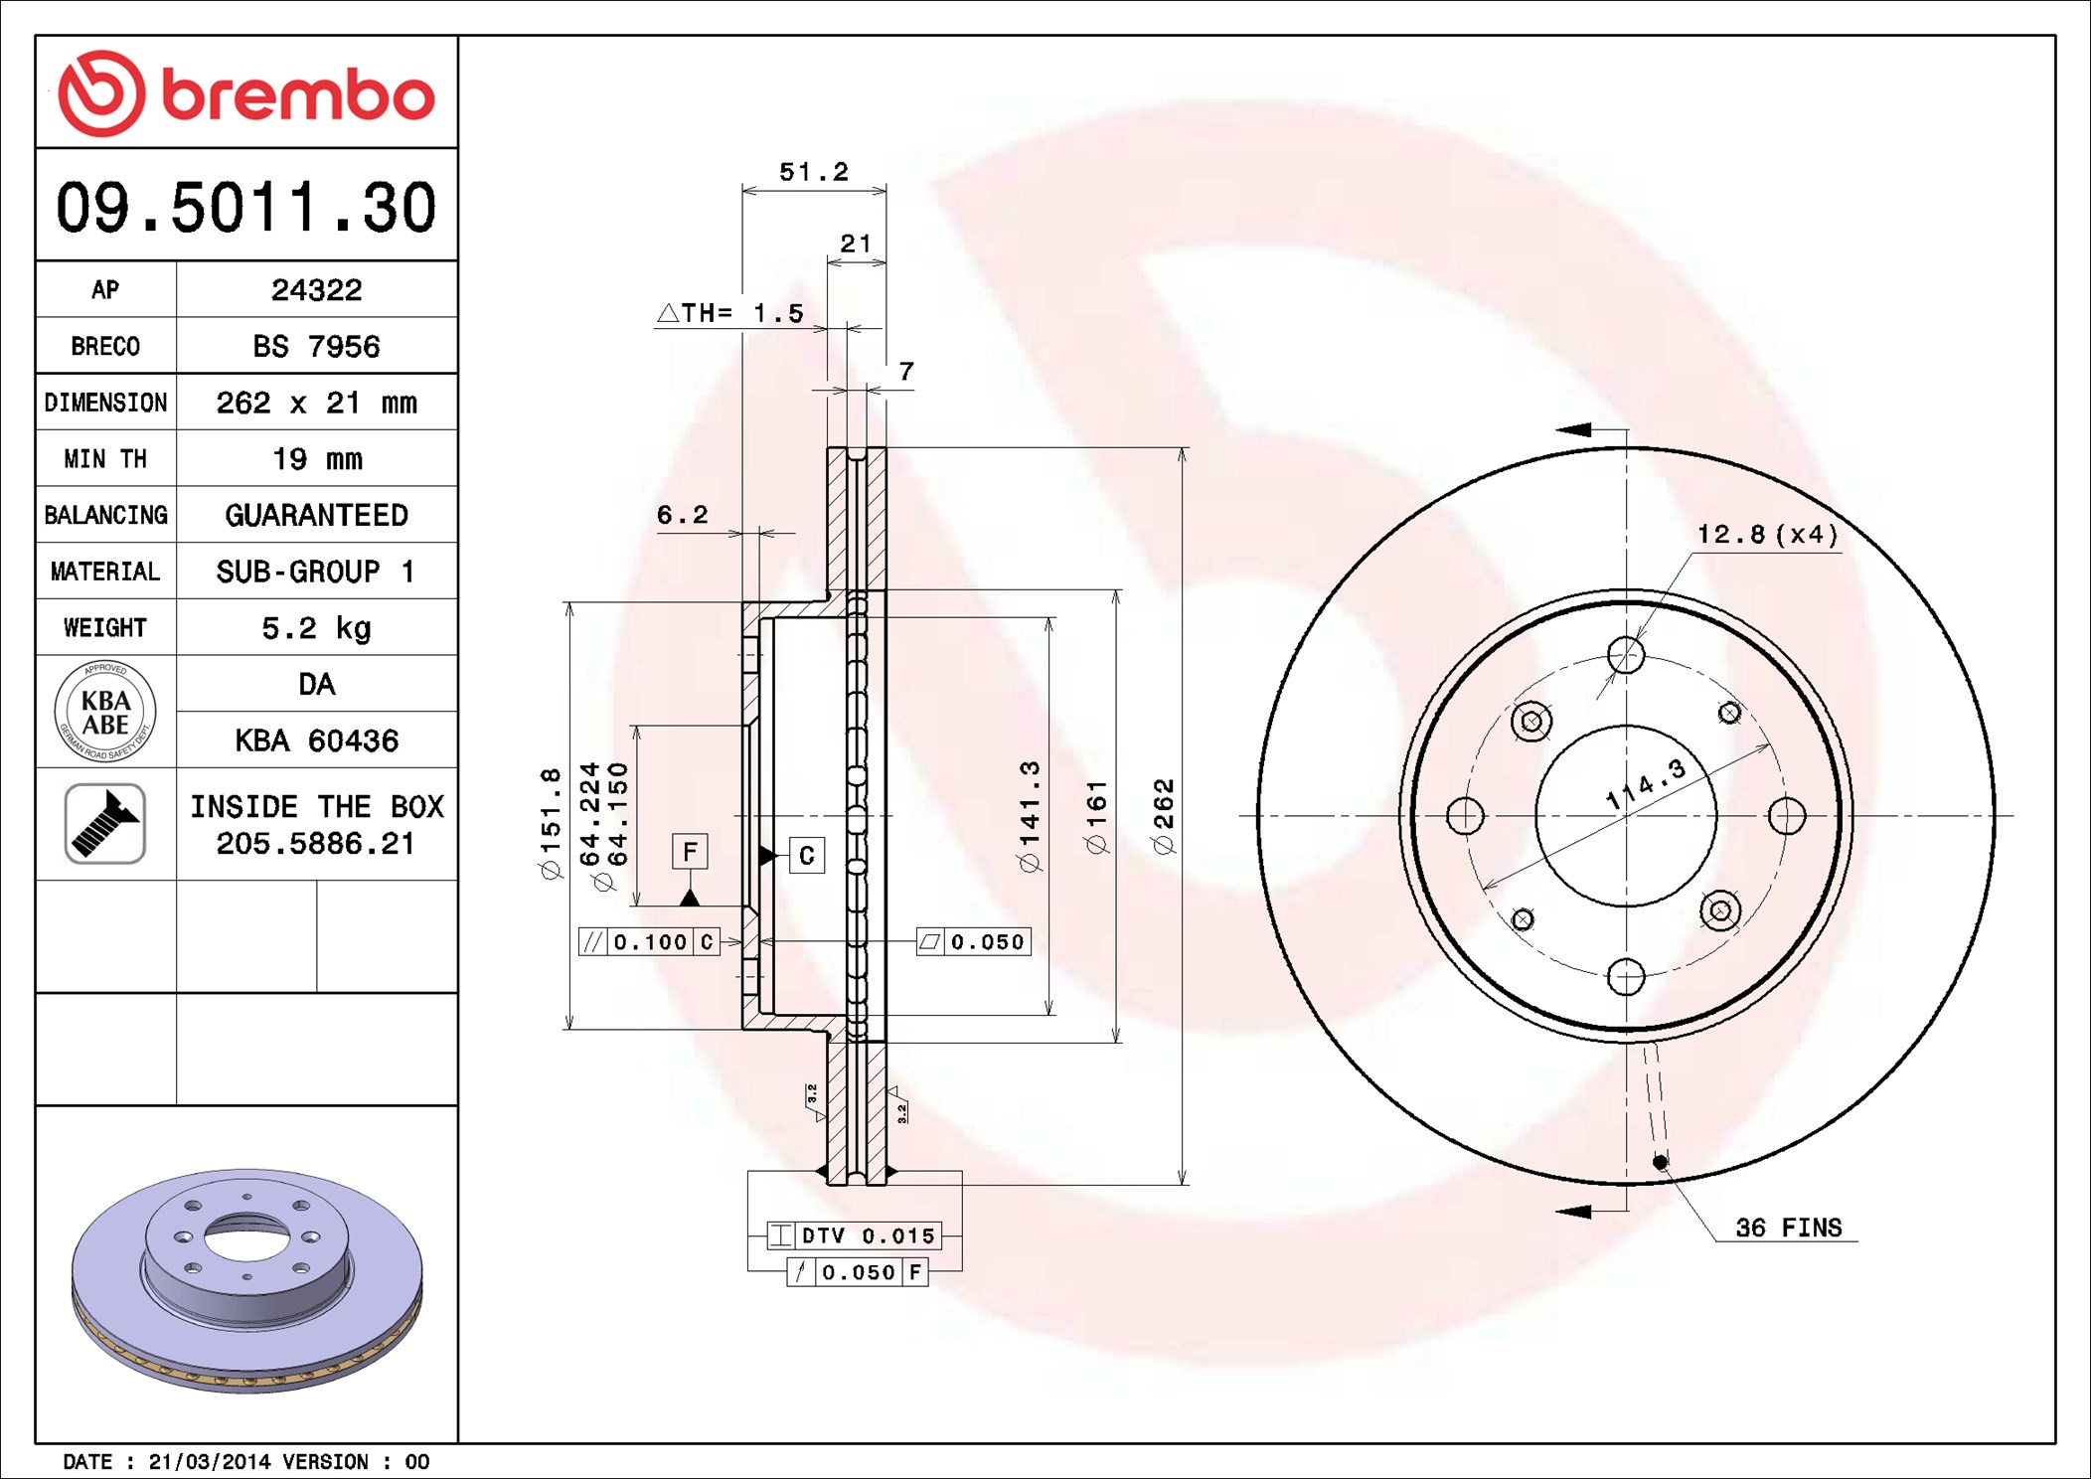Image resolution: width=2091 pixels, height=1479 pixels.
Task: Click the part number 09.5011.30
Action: (x=245, y=207)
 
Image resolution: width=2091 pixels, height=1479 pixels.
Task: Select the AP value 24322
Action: (x=316, y=289)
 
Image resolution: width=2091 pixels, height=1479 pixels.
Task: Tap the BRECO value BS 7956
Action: (x=316, y=346)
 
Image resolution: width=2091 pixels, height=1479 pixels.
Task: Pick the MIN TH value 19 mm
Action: (x=317, y=458)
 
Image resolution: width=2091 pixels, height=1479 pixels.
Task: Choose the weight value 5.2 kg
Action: (x=316, y=628)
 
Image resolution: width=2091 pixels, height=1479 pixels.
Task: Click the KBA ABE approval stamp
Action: (x=105, y=712)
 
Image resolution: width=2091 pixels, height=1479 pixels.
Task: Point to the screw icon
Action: (x=105, y=823)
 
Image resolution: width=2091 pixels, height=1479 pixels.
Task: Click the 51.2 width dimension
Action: (x=814, y=172)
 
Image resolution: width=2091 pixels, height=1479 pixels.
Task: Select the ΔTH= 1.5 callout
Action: (x=730, y=313)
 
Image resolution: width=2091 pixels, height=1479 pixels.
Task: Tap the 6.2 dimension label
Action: (x=683, y=515)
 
